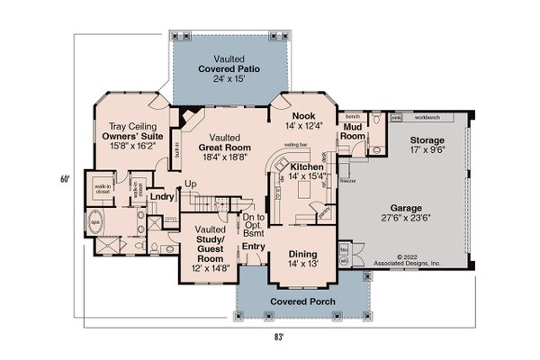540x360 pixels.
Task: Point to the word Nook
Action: pos(302,117)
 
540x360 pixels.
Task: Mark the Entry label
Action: pos(253,247)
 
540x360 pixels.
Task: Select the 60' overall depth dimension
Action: pos(65,179)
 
